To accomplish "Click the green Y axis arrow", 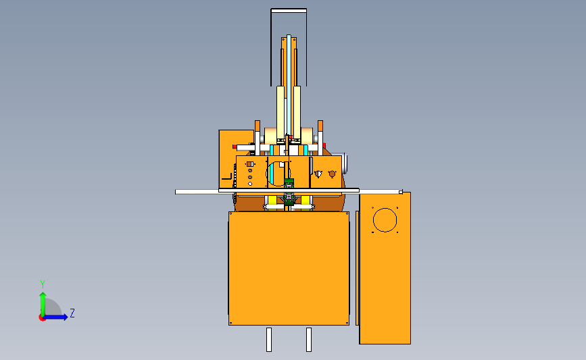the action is (43, 303).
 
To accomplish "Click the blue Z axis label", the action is (72, 313).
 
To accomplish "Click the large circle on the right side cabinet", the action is (385, 220).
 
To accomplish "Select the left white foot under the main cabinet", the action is (269, 340).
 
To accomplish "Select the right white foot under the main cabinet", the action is (309, 340).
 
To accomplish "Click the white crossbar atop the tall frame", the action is (289, 10).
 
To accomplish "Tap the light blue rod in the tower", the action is (289, 85).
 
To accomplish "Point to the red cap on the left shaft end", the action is (235, 147).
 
